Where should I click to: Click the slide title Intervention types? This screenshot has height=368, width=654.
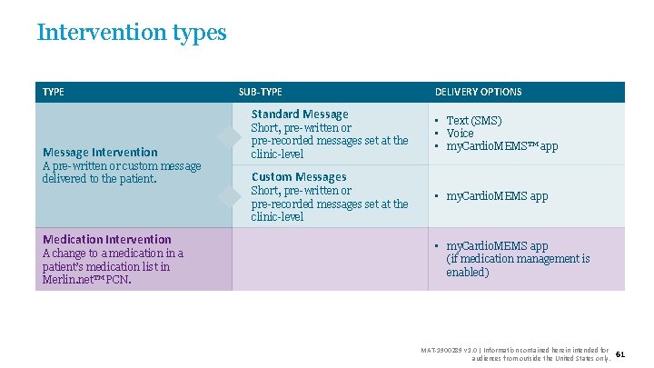pyautogui.click(x=132, y=33)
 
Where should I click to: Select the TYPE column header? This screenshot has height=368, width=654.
pyautogui.click(x=54, y=92)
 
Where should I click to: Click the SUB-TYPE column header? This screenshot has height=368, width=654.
pyautogui.click(x=260, y=92)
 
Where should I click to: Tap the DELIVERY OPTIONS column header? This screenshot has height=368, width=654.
pyautogui.click(x=478, y=92)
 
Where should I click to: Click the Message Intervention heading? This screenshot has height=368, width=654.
pyautogui.click(x=100, y=153)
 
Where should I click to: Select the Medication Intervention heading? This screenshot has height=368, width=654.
pyautogui.click(x=106, y=240)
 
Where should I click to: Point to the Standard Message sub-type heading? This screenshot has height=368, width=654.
pyautogui.click(x=299, y=114)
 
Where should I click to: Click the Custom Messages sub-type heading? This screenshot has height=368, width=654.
pyautogui.click(x=299, y=177)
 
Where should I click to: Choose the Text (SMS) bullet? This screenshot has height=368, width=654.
pyautogui.click(x=473, y=121)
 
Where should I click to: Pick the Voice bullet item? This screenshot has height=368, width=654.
pyautogui.click(x=460, y=134)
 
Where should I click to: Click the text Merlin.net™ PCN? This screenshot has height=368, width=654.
pyautogui.click(x=85, y=280)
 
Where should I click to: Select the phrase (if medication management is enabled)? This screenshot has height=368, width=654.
pyautogui.click(x=517, y=265)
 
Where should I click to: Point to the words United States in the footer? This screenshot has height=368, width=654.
pyautogui.click(x=571, y=358)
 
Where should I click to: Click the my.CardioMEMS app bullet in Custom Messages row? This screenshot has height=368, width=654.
pyautogui.click(x=497, y=196)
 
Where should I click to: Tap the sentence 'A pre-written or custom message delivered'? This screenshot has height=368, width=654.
pyautogui.click(x=122, y=172)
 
